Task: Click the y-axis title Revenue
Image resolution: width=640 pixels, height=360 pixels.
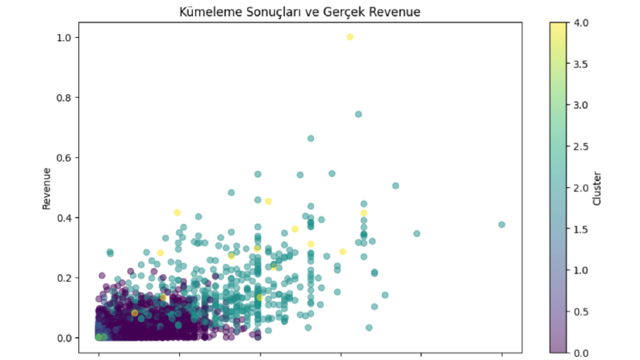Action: tap(47, 189)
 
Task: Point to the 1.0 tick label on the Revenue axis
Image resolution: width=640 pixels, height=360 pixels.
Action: tap(64, 38)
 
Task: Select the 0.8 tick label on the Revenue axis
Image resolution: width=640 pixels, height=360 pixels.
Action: tap(64, 98)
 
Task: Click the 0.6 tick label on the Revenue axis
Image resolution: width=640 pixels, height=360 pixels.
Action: tap(64, 157)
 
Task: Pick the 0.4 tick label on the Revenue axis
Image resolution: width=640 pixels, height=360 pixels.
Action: tap(64, 218)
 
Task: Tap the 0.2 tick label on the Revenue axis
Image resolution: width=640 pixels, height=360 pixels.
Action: tap(64, 278)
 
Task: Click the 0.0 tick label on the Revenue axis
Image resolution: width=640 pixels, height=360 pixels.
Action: tap(64, 338)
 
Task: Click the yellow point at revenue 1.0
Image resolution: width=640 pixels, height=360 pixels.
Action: tap(349, 37)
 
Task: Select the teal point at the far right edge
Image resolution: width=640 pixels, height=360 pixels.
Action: tap(502, 224)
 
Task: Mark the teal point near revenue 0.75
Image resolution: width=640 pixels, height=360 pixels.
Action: tap(358, 115)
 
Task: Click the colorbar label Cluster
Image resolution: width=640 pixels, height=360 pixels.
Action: tap(596, 188)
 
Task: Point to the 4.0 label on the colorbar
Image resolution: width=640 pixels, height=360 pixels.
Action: tap(581, 23)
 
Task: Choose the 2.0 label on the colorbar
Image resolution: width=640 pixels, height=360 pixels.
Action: tap(581, 188)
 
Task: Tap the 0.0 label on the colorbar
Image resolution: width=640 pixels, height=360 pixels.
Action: tap(581, 353)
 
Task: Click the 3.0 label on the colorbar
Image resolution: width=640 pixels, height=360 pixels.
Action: tap(581, 105)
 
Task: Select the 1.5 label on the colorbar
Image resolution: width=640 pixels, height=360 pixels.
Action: tap(581, 229)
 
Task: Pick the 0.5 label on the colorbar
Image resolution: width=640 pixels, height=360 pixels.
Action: tap(581, 312)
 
